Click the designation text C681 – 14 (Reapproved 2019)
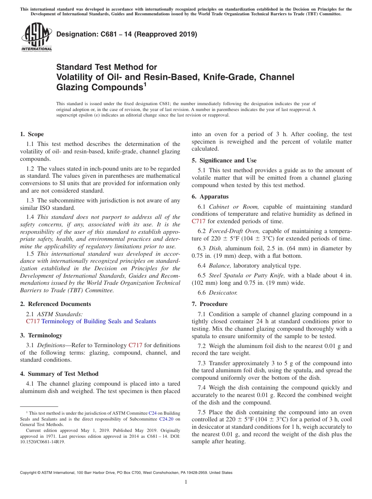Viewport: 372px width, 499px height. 126,35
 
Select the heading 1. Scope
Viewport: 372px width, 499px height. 32,134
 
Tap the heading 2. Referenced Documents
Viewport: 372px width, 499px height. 55,304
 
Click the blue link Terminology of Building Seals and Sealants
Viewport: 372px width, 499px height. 99,321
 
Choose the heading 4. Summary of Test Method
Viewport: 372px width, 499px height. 59,374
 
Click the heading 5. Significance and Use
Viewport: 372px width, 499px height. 224,160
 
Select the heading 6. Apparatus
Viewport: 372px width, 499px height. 210,197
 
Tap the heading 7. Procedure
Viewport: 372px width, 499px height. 209,304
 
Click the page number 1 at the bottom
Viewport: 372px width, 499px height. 186,482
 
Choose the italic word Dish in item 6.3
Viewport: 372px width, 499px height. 216,248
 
